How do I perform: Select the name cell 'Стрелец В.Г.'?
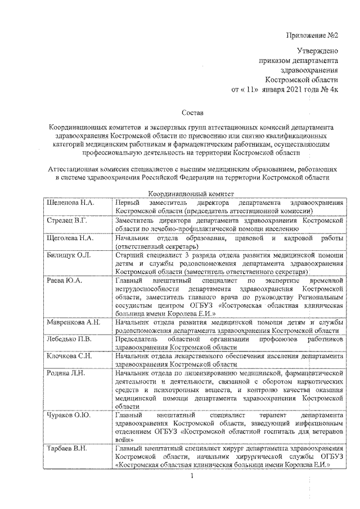[x=66, y=221]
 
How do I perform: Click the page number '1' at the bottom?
[x=192, y=478]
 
